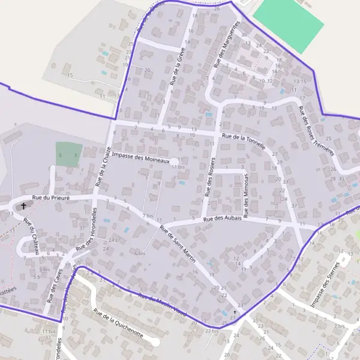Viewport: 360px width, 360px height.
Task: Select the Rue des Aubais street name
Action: pos(223,218)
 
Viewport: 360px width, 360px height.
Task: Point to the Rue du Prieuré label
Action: pos(51,197)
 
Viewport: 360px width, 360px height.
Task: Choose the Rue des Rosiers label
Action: pos(210,178)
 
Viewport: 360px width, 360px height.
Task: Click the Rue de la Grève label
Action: pos(176,67)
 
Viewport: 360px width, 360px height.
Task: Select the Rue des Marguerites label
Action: pos(227,44)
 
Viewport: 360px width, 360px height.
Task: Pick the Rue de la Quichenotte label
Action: pos(118,323)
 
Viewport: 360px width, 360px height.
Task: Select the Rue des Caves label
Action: pos(54,284)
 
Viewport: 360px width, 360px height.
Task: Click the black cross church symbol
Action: pos(24,206)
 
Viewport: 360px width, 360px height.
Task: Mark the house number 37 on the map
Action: pos(294,205)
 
